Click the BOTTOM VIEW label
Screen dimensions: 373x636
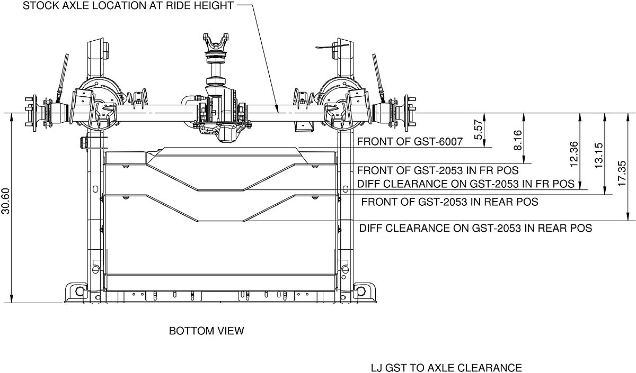tap(207, 331)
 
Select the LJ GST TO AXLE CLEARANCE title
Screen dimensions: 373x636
tap(447, 368)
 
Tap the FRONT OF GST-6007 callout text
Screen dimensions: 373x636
tap(410, 142)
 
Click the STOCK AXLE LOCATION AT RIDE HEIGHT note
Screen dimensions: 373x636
tap(128, 6)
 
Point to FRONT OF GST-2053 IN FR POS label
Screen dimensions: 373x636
tap(437, 171)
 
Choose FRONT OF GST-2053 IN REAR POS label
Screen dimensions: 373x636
tap(449, 202)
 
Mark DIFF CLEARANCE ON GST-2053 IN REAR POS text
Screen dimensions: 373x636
tap(475, 229)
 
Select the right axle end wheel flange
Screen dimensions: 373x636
tap(410, 113)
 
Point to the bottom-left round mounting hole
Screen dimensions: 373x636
tap(79, 290)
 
